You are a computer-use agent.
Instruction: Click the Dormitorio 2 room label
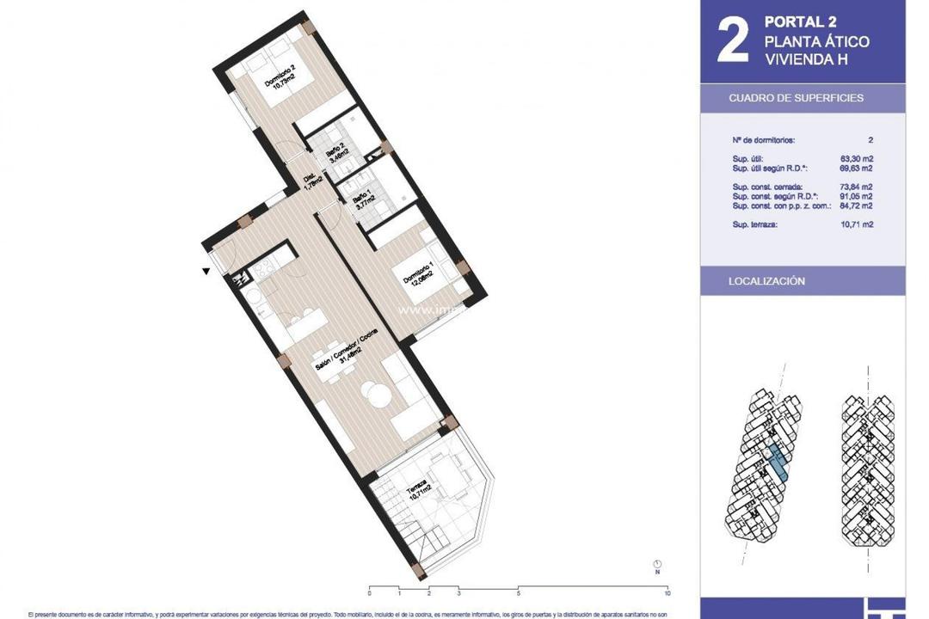tap(282, 78)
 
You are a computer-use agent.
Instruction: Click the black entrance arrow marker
tap(206, 272)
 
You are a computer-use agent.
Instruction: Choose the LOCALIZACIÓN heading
tap(766, 281)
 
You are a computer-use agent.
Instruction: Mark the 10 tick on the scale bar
tap(668, 593)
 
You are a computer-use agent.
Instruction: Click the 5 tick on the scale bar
tap(519, 593)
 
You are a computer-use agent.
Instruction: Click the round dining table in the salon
tap(378, 395)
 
